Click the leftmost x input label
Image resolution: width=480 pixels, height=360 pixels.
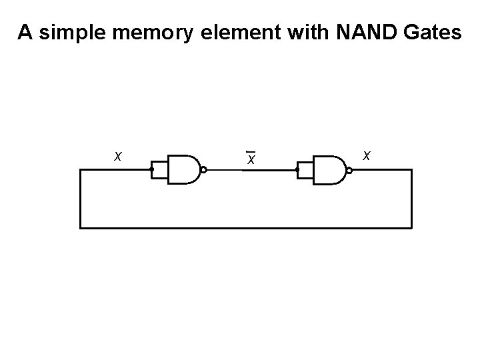(117, 157)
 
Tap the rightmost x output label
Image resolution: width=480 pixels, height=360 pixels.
(367, 155)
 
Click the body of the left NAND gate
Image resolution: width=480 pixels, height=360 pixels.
(182, 170)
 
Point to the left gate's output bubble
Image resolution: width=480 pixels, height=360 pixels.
(203, 170)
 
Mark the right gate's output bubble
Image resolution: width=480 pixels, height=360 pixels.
(349, 170)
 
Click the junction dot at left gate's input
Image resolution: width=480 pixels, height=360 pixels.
(152, 170)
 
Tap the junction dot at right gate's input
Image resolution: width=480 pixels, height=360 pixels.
(298, 170)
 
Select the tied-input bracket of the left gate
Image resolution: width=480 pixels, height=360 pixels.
(159, 170)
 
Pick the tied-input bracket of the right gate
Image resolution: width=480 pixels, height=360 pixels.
(305, 170)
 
